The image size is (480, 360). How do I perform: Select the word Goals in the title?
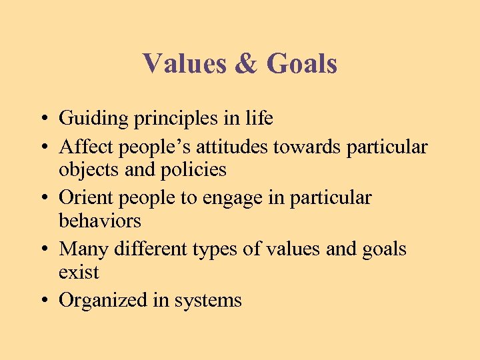[x=302, y=64]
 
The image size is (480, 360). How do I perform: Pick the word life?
[x=259, y=118]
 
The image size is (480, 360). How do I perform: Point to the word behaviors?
[x=100, y=221]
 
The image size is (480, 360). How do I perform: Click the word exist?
[x=79, y=272]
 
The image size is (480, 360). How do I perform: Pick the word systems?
[x=208, y=301]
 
